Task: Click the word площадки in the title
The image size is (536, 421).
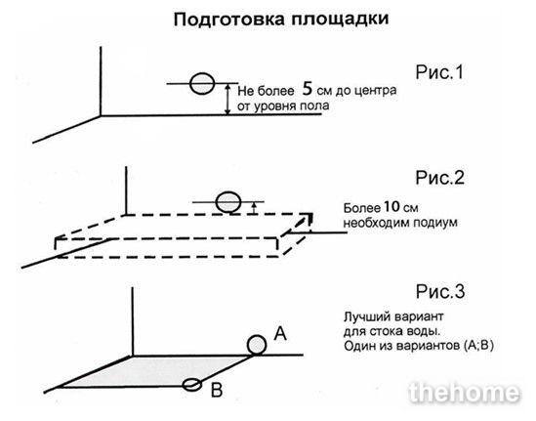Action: (x=340, y=20)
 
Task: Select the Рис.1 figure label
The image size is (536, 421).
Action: (x=439, y=72)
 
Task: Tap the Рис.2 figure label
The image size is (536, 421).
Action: (x=440, y=178)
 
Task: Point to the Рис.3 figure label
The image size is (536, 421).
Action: (x=440, y=292)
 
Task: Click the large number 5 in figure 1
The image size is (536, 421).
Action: (x=308, y=89)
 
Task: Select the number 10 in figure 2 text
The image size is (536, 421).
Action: (x=392, y=206)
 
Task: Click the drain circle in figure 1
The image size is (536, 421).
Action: (x=202, y=83)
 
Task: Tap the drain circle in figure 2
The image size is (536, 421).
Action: (x=228, y=202)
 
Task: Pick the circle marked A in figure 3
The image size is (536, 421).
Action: (x=257, y=345)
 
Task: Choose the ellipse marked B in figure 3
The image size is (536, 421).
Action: (x=192, y=385)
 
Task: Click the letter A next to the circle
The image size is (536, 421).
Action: (x=280, y=333)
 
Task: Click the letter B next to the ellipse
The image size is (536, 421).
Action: (x=217, y=390)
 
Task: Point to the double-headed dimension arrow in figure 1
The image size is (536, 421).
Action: (x=227, y=100)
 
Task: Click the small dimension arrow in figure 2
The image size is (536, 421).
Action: (x=253, y=208)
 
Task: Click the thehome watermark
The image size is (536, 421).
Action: (x=464, y=393)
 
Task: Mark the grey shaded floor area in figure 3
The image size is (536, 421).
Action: (x=155, y=372)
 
